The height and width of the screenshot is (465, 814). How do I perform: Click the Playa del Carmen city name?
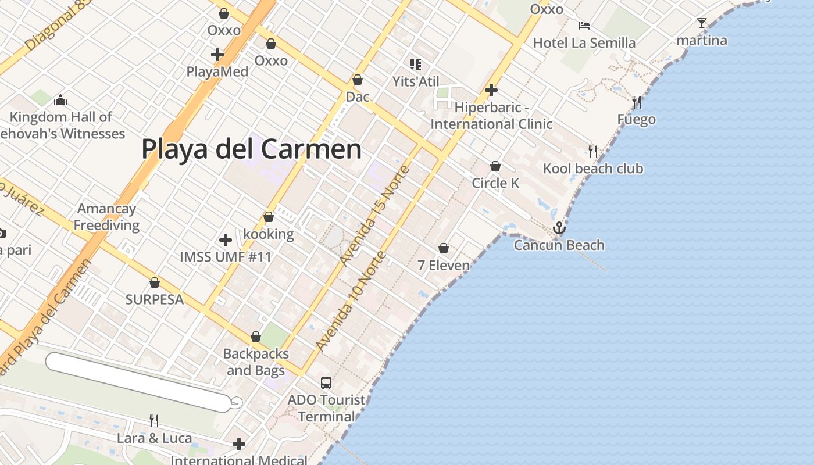251,149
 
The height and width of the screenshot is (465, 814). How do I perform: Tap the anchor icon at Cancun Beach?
559,228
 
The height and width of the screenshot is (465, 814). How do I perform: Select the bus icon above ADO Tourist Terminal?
326,382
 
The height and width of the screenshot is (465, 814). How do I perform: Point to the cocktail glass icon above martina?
702,23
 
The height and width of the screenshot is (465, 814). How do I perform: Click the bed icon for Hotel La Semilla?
584,25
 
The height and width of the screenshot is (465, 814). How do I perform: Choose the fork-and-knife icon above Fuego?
637,102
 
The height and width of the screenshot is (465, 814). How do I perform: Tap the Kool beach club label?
593,169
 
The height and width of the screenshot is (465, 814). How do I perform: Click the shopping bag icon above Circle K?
495,166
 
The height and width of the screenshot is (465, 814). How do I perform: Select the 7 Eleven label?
444,266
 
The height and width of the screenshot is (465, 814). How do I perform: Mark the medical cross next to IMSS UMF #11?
226,239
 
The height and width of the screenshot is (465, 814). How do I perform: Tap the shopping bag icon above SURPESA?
155,282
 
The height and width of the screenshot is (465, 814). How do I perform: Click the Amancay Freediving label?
106,217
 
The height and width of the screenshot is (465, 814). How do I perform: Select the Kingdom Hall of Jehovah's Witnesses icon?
60,101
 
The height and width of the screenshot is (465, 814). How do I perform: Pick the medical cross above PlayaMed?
217,55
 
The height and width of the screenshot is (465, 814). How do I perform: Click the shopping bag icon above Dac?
358,80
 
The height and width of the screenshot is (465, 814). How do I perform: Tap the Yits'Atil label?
416,81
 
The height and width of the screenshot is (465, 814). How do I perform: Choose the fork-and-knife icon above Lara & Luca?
154,420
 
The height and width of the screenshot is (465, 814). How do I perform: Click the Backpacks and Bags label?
256,362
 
